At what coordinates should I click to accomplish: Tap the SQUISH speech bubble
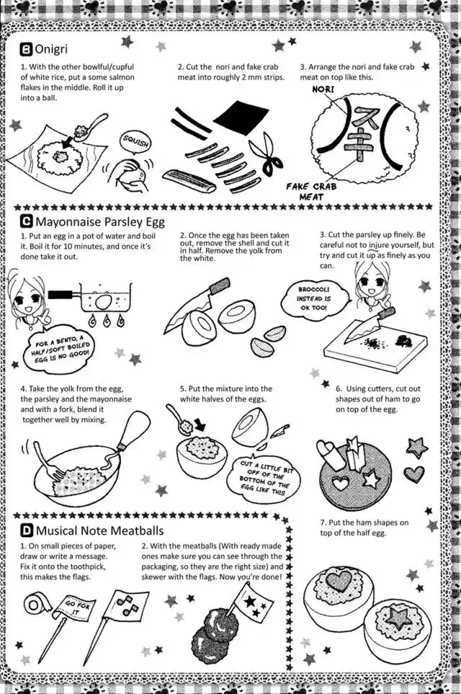(x=136, y=143)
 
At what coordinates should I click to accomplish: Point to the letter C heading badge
(x=26, y=221)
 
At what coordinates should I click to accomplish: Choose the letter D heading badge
(x=27, y=530)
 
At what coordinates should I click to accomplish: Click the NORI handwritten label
(x=323, y=89)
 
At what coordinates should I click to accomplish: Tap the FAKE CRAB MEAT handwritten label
(x=311, y=191)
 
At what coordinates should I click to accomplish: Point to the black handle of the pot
(x=61, y=293)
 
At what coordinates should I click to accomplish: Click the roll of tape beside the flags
(x=35, y=605)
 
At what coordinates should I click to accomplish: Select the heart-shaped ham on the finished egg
(x=339, y=579)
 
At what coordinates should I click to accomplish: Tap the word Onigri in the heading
(x=51, y=49)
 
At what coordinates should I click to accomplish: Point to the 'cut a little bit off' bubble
(x=264, y=479)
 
